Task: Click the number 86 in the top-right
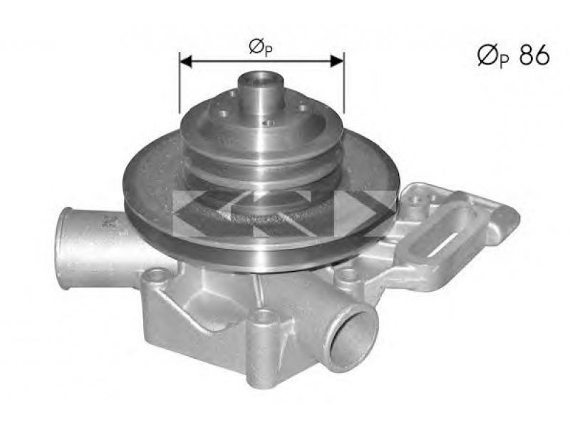[x=534, y=56]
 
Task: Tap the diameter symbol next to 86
[x=488, y=56]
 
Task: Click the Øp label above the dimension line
[x=261, y=48]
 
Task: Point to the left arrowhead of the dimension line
[x=186, y=61]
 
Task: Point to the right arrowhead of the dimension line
[x=337, y=61]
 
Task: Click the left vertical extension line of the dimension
[x=180, y=83]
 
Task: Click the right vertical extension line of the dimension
[x=343, y=82]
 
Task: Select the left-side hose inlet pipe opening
[x=64, y=248]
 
